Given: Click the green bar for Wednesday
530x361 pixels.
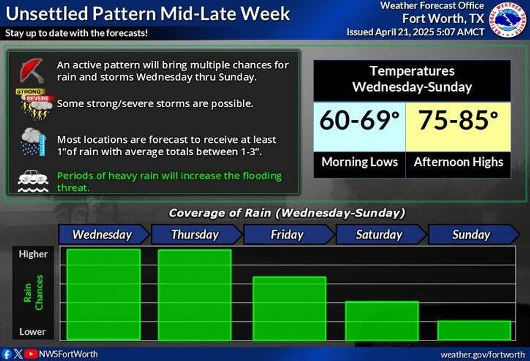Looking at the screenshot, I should tap(103, 294).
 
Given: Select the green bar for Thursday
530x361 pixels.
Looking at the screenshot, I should tap(195, 294).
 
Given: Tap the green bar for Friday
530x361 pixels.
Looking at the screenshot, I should tap(289, 308).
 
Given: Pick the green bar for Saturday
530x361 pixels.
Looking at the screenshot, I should tap(382, 320).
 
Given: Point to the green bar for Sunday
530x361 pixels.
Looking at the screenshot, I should tap(474, 330).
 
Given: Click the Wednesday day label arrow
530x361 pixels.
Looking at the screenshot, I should tap(103, 235).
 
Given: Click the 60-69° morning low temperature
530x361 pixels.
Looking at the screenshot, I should tap(359, 121).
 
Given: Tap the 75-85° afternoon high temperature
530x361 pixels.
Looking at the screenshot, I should tap(458, 121).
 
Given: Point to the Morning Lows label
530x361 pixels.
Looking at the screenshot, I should tap(359, 162).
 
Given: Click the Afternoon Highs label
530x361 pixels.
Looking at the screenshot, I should tap(458, 162).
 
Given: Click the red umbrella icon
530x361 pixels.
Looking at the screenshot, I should tap(32, 70).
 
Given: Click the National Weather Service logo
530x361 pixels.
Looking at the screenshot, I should tap(508, 21).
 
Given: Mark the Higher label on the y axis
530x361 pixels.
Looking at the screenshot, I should tap(33, 254).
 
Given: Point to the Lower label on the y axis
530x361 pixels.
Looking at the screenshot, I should tap(32, 332).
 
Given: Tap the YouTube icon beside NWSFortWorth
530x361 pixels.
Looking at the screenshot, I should tap(31, 355).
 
